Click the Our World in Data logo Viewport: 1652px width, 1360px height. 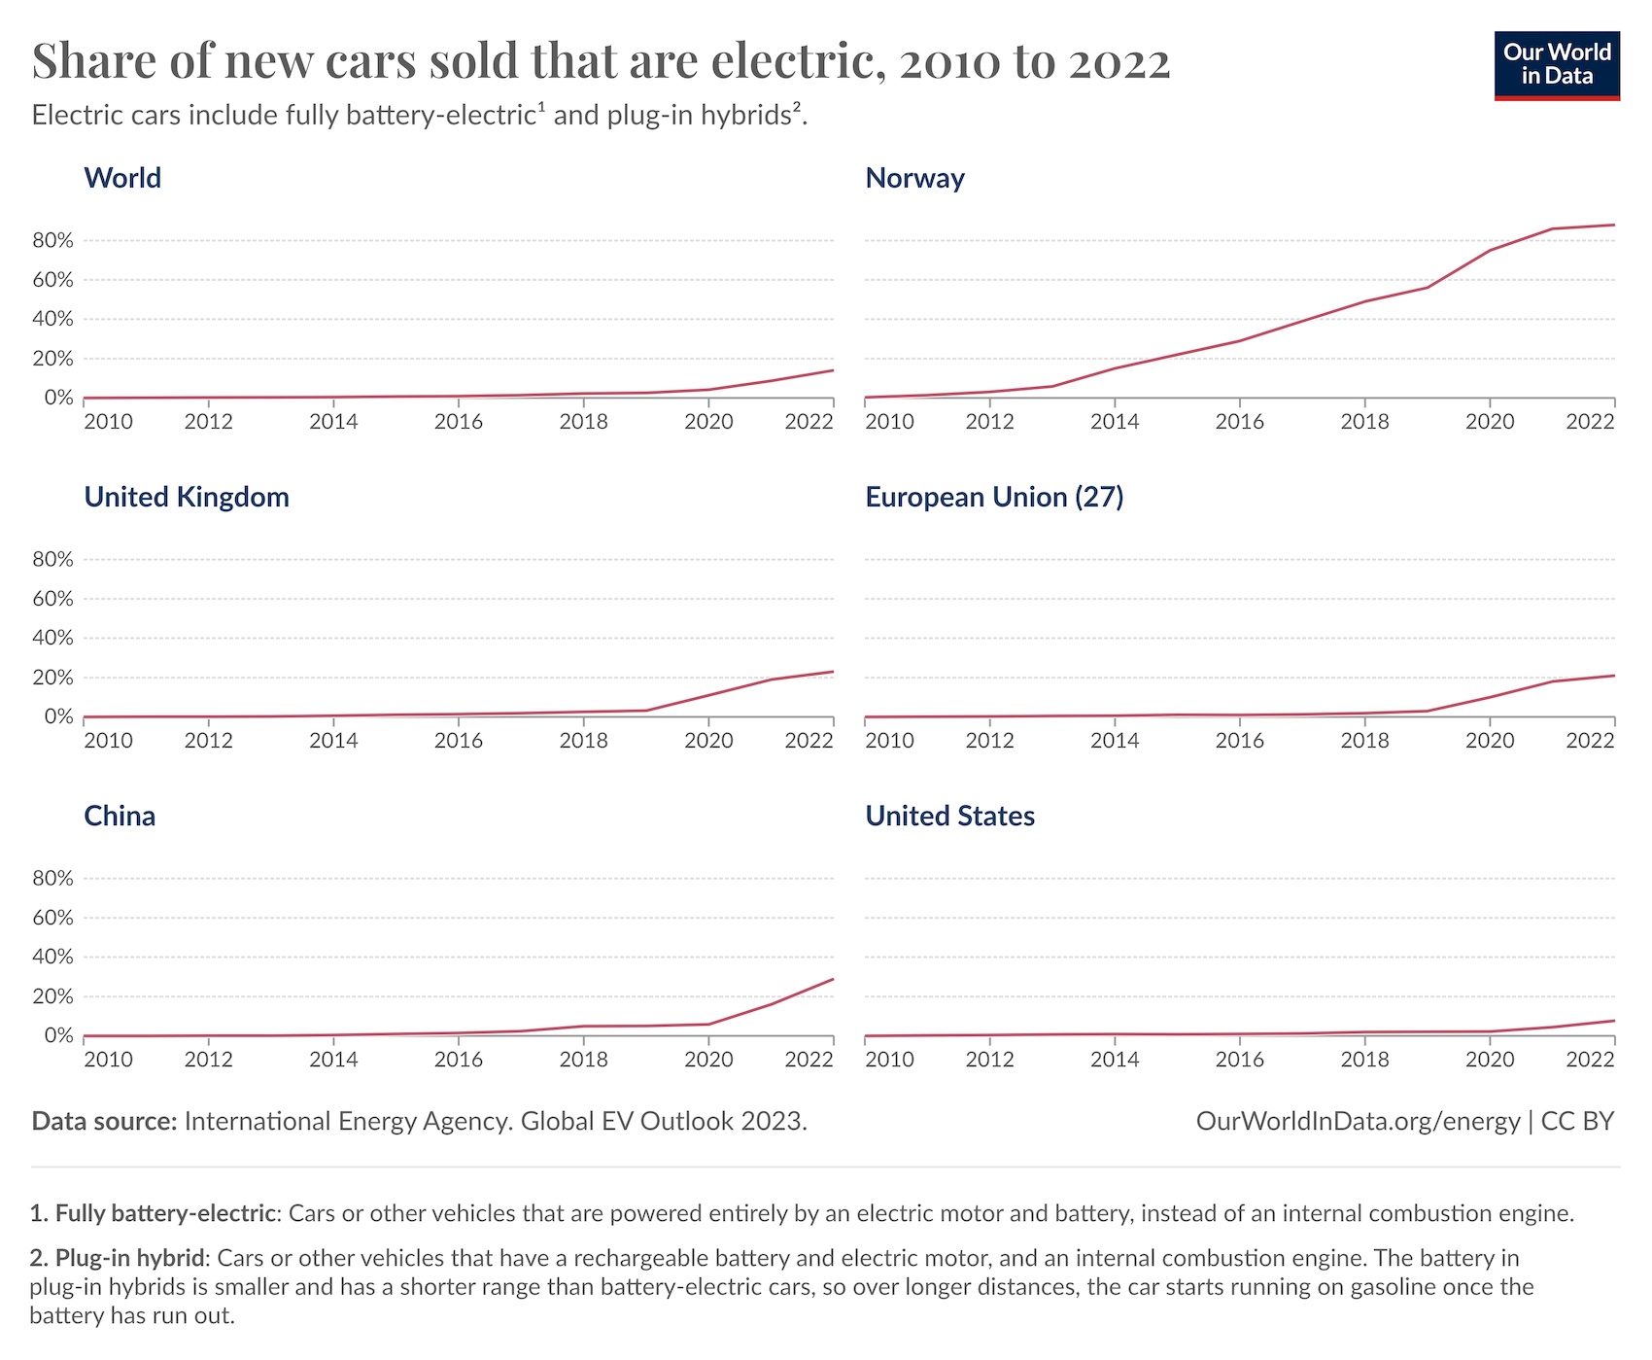click(x=1556, y=65)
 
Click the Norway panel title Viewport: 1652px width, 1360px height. click(x=914, y=178)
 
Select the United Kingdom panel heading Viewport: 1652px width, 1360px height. click(x=187, y=497)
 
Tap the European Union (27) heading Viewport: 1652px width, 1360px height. click(x=994, y=497)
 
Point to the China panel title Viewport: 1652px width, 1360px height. click(x=120, y=816)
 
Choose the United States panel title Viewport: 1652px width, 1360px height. click(x=949, y=816)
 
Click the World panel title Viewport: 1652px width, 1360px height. click(x=122, y=178)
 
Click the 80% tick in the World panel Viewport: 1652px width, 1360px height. click(x=52, y=240)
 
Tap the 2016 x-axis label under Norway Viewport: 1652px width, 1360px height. click(x=1239, y=422)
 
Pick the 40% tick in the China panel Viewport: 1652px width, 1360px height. click(x=52, y=957)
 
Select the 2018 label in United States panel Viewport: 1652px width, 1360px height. click(x=1364, y=1060)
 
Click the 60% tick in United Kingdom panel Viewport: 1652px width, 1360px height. click(x=52, y=599)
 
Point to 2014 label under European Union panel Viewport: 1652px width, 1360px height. click(x=1115, y=741)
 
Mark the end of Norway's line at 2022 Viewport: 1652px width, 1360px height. click(x=1613, y=226)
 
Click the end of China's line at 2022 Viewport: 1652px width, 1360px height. click(x=832, y=980)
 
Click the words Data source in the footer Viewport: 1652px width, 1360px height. click(x=104, y=1122)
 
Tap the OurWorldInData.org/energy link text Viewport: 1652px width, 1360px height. click(x=1358, y=1122)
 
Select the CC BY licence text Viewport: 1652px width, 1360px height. click(x=1577, y=1122)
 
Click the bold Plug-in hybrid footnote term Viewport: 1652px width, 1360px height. click(x=130, y=1258)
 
